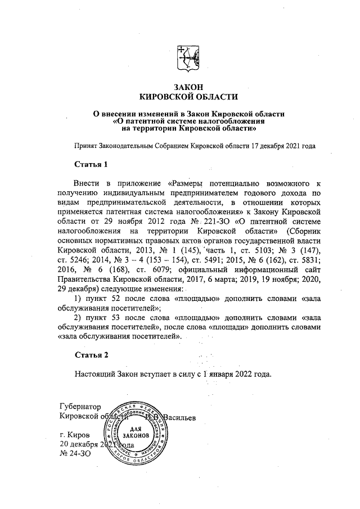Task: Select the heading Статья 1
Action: click(x=91, y=164)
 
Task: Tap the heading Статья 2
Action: click(x=91, y=355)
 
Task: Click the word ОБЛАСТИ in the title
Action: click(x=215, y=97)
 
